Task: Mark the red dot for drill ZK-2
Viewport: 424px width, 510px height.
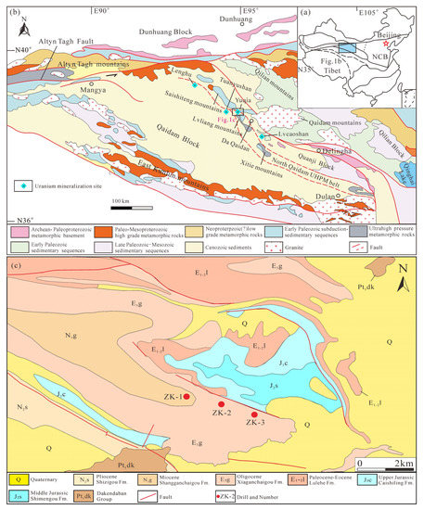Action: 221,403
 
